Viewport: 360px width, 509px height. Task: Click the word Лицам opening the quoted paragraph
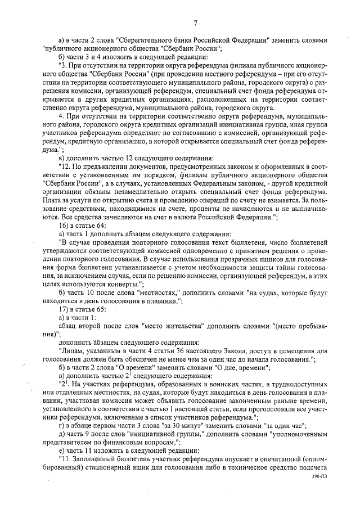[x=72, y=350]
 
